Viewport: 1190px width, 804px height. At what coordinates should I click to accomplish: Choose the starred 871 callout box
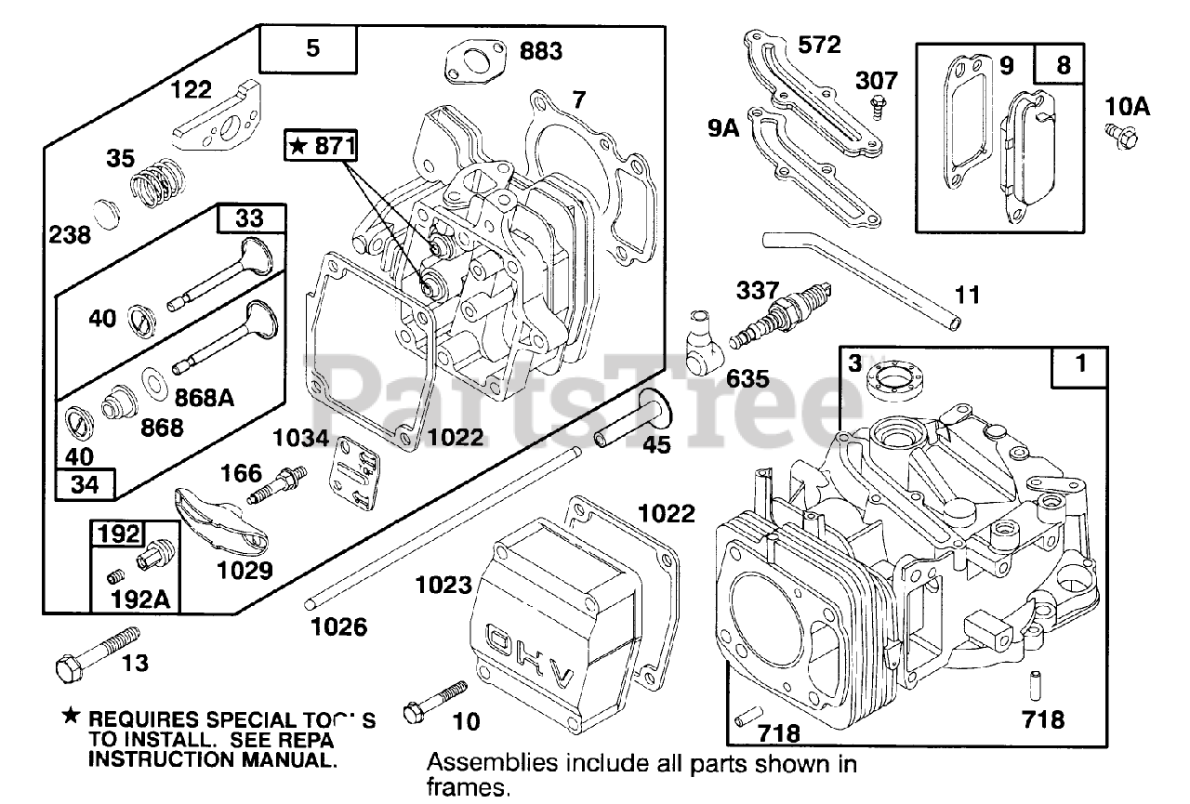coord(322,147)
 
